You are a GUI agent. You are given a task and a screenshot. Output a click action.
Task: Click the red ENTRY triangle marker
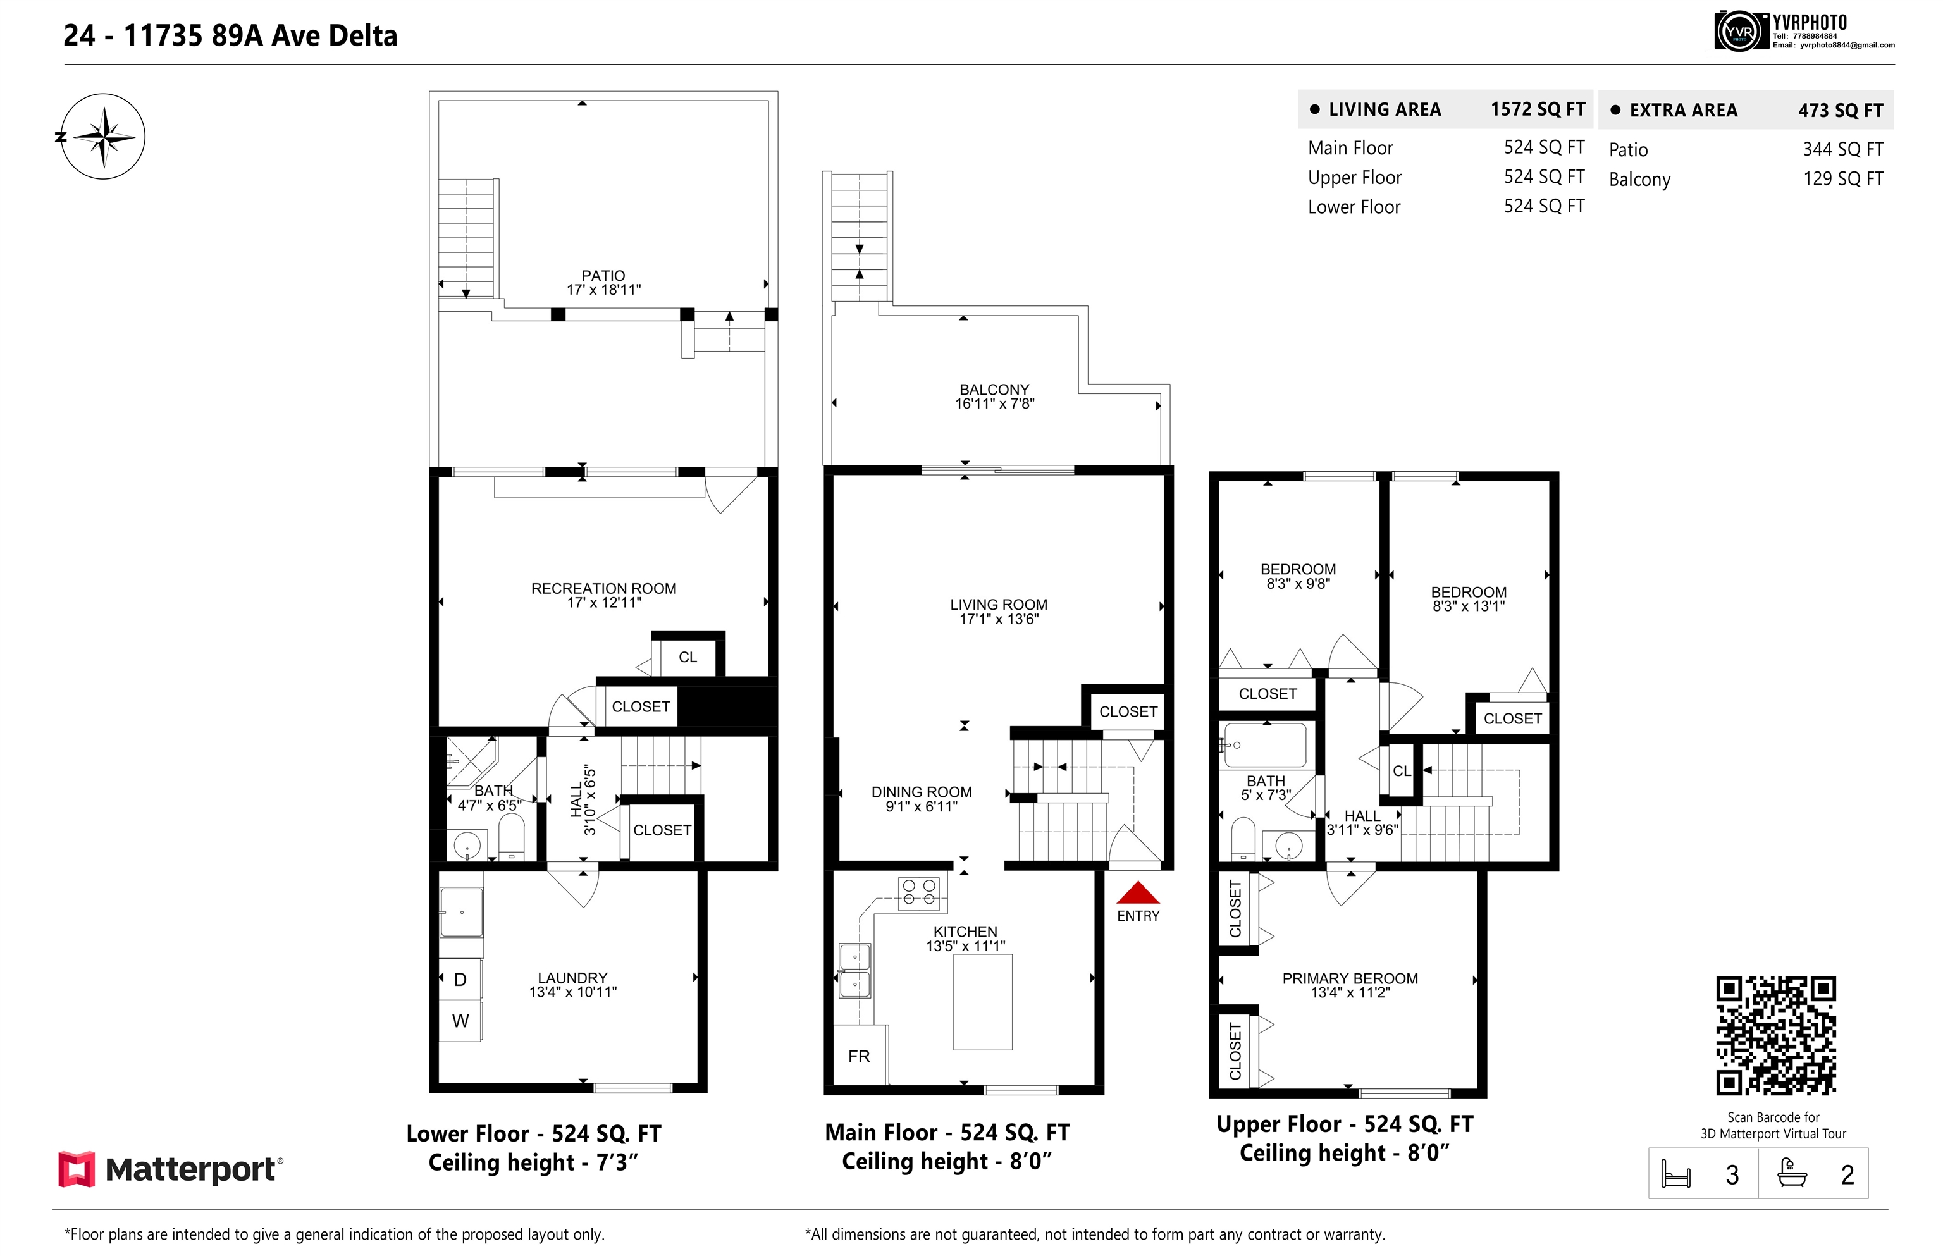click(x=1137, y=892)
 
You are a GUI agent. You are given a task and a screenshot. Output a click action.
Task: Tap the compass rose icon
click(x=104, y=136)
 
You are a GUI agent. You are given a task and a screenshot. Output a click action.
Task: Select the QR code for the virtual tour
click(x=1776, y=1035)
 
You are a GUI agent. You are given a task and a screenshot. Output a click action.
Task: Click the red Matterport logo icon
click(x=77, y=1169)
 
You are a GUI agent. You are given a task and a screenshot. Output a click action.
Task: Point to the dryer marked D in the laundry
click(x=460, y=979)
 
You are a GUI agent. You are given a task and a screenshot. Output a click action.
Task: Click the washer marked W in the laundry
click(x=460, y=1020)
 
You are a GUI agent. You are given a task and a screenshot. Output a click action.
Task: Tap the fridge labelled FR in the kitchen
click(x=860, y=1056)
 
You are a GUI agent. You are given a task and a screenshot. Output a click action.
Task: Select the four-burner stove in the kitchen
click(x=918, y=892)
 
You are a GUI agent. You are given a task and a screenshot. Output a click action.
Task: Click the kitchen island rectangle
click(x=982, y=1002)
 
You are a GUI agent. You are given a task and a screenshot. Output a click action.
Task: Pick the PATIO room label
click(x=603, y=276)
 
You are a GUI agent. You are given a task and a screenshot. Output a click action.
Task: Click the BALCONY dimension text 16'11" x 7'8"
click(x=994, y=403)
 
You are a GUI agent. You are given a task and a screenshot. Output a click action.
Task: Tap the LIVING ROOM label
click(x=999, y=605)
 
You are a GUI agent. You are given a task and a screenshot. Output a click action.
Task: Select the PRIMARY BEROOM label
click(x=1350, y=978)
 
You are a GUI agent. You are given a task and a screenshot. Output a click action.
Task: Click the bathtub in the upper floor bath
click(x=1265, y=744)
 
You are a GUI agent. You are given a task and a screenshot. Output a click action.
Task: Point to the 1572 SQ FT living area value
click(x=1538, y=109)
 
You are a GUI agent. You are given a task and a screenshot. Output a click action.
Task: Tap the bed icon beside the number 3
click(x=1675, y=1174)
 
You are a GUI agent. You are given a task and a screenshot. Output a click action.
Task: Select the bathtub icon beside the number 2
click(x=1792, y=1173)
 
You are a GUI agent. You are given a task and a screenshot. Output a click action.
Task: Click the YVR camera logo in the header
click(x=1739, y=32)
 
